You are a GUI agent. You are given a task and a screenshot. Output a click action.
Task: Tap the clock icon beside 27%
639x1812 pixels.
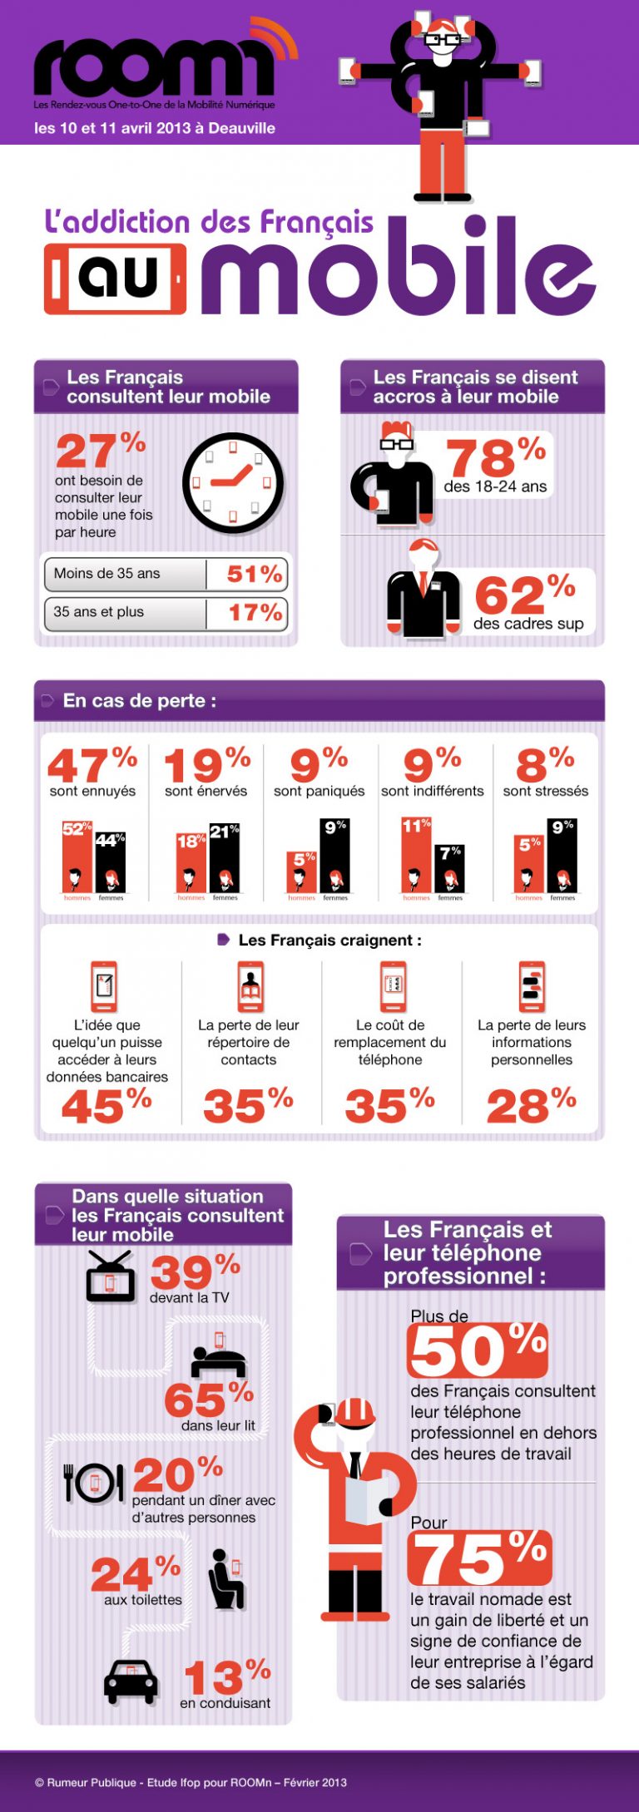coord(233,482)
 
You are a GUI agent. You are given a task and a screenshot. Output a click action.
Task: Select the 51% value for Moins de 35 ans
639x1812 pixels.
coord(255,574)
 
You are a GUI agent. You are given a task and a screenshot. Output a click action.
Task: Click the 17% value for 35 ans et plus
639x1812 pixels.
coord(255,613)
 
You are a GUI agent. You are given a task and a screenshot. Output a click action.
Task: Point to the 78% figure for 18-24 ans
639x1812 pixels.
coord(494,457)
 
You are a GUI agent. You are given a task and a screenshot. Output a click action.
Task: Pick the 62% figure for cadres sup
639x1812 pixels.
coord(524,595)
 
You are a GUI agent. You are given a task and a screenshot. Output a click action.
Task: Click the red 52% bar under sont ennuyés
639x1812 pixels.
coord(77,857)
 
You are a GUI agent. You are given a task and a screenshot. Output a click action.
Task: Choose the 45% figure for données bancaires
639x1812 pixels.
coord(106,1106)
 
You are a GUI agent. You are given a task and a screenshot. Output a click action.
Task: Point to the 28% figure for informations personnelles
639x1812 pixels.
coord(531,1106)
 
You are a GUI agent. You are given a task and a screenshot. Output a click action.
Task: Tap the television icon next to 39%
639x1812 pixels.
coord(110,1277)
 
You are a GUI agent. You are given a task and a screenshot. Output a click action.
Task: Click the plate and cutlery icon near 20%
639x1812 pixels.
coord(93,1482)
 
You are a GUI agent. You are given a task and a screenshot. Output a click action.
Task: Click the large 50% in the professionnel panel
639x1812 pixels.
coord(478,1350)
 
